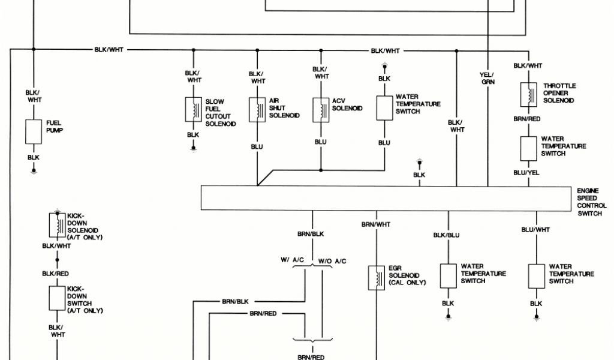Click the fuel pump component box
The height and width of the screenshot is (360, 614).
pos(34,131)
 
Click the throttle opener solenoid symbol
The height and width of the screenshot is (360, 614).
pos(528,94)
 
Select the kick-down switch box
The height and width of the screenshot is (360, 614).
pos(58,298)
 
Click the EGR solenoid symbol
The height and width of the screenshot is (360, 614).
pos(377,278)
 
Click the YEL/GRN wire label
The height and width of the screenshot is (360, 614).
pos(487,78)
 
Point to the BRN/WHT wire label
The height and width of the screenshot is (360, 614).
pos(376,224)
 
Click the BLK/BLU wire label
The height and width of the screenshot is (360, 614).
pos(447,235)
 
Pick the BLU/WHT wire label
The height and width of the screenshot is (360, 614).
pos(535,230)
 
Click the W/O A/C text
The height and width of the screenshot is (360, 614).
pos(332,261)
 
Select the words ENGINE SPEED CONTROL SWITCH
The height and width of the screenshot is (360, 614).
pos(591,202)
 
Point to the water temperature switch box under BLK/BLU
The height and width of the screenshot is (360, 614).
pos(448,276)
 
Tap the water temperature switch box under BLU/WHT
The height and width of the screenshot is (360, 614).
pos(536,276)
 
